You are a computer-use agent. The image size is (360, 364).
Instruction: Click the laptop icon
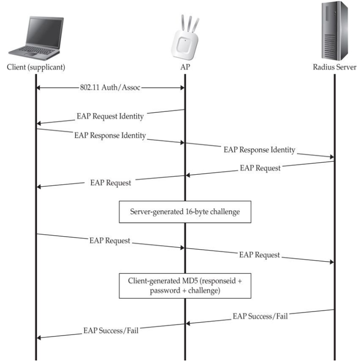[36, 38]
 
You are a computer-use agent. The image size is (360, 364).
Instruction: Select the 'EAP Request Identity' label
[110, 116]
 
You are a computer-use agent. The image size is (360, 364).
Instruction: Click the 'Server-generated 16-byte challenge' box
[184, 211]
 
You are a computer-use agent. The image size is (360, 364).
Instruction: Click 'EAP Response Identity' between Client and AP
[109, 135]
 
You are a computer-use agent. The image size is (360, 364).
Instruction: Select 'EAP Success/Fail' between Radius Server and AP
[260, 316]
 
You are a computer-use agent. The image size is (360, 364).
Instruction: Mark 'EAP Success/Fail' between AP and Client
[110, 330]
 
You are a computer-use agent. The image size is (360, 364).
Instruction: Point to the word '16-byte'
[200, 211]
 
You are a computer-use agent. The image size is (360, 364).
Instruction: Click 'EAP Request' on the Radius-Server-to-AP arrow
[260, 168]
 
